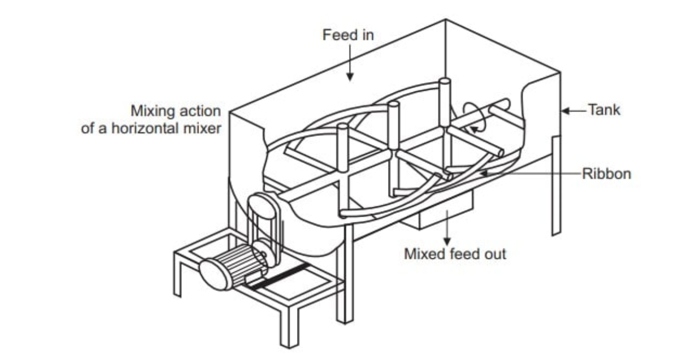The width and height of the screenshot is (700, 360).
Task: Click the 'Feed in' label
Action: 348,36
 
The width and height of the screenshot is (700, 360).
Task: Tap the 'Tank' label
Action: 604,109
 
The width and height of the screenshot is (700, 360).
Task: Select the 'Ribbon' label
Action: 606,174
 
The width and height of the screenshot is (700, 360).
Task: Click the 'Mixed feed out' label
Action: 455,254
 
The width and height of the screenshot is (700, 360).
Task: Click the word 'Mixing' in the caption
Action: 151,111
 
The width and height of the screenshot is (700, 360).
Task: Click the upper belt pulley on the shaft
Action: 261,206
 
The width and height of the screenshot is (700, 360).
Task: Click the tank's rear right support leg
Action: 556,186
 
